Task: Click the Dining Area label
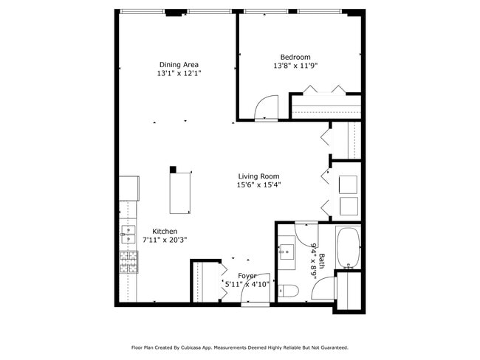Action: coord(179,65)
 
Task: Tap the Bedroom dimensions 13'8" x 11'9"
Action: coord(295,66)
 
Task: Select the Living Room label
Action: coord(258,176)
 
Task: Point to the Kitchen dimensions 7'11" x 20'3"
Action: coord(165,240)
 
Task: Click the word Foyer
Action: coord(247,275)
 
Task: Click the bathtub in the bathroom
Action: coord(347,248)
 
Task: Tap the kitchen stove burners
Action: coord(128,262)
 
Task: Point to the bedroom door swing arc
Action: coord(266,108)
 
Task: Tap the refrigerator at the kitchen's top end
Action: coord(130,188)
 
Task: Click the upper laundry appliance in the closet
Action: coord(348,184)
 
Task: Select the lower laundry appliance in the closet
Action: coord(348,206)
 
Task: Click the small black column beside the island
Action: coord(173,169)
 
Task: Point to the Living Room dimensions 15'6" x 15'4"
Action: coord(258,185)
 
